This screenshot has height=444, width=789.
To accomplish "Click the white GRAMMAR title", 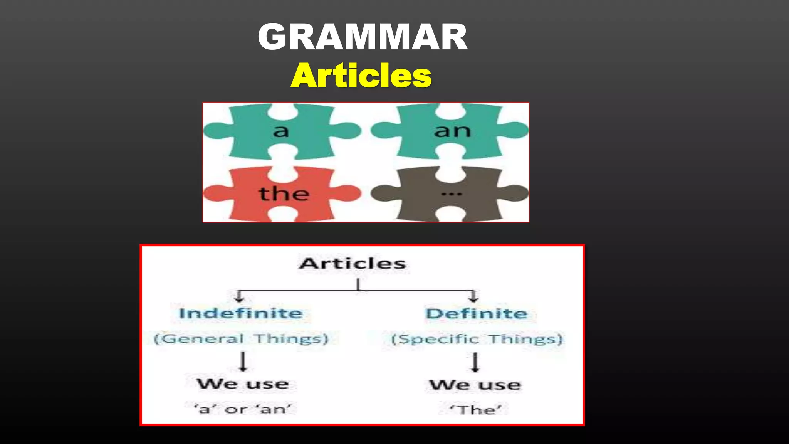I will pos(363,37).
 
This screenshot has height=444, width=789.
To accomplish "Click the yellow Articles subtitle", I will pos(361,76).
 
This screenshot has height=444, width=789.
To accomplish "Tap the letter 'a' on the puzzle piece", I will pos(281,131).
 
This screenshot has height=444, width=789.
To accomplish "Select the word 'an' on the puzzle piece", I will pos(452,131).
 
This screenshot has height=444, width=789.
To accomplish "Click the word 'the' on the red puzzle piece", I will pos(284,193).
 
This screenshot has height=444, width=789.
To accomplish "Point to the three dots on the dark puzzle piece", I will pos(452,194).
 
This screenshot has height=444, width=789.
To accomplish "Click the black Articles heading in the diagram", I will pos(353,264).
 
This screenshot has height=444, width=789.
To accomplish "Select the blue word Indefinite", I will pos(241,313).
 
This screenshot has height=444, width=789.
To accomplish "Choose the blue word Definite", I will pos(476,314).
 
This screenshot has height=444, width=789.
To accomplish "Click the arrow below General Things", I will pos(243,362).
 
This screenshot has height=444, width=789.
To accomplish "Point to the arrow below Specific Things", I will pos(475,362).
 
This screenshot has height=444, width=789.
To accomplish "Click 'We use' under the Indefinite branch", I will pos(243,384).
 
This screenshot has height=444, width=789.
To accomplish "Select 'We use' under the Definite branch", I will pos(475,385).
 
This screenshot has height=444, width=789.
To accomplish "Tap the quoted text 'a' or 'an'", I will pos(243,409).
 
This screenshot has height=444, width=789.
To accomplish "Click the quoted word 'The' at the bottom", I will pos(476,409).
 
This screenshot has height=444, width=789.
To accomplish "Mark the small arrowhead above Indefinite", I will pos(239,297).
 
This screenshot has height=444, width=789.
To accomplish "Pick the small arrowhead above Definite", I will pos(473,297).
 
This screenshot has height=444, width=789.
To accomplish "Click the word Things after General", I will pos(291,339).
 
